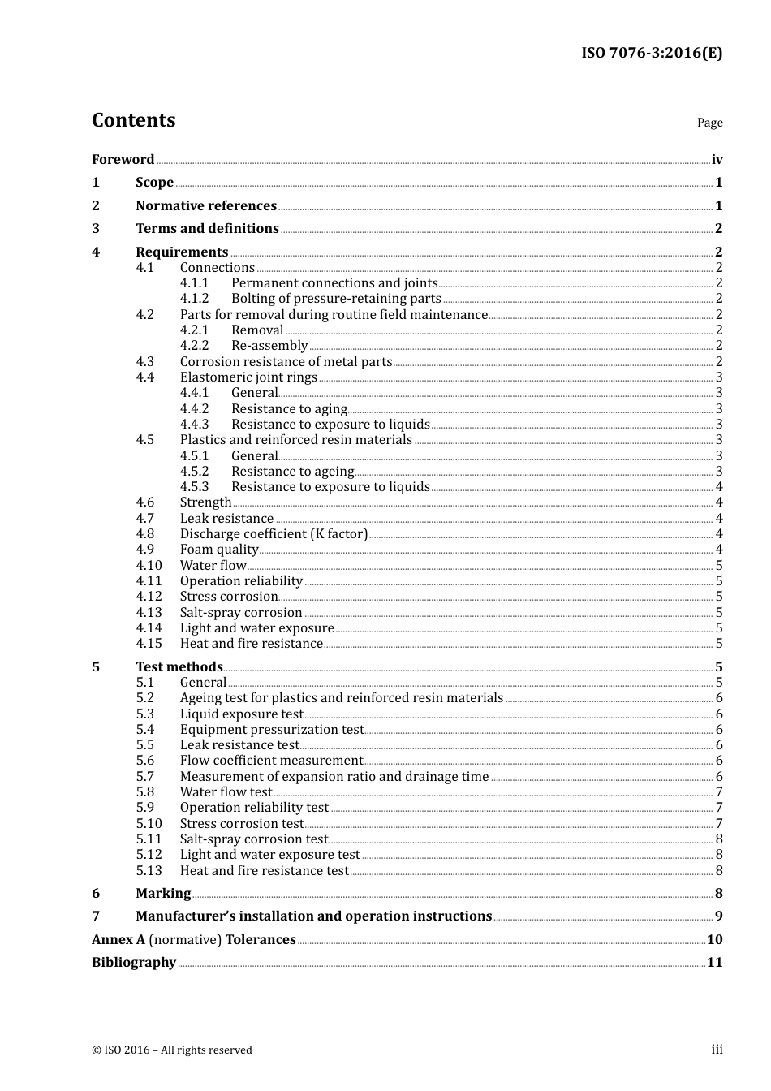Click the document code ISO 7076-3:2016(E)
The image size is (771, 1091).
click(x=651, y=53)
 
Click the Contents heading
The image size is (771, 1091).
click(x=133, y=120)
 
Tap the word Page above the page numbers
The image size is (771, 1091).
click(x=709, y=123)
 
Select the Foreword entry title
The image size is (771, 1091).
click(x=123, y=160)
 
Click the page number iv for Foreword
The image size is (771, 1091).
click(x=717, y=160)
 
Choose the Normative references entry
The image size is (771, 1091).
click(x=206, y=206)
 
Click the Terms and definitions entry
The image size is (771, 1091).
click(x=207, y=229)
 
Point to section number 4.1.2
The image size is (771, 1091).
click(x=194, y=299)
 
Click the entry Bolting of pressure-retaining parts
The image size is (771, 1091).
click(x=336, y=299)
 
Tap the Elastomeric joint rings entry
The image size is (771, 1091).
click(x=248, y=377)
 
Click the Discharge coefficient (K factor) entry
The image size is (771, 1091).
click(x=274, y=534)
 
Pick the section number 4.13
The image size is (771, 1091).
click(x=149, y=613)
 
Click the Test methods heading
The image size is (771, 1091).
click(x=179, y=667)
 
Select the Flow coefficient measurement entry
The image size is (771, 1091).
click(x=271, y=761)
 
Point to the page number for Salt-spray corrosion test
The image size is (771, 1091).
click(x=719, y=839)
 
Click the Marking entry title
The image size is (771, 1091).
click(x=163, y=894)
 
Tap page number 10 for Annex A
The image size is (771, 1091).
click(x=714, y=940)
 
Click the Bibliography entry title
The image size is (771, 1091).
click(x=134, y=963)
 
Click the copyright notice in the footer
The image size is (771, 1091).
click(x=172, y=1050)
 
